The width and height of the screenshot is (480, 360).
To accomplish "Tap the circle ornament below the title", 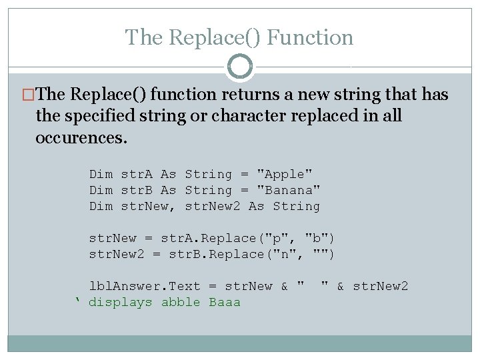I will click(x=240, y=67).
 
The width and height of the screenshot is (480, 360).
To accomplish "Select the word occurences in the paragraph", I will click(x=81, y=138).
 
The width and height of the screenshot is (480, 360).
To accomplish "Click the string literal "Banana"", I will click(x=289, y=191).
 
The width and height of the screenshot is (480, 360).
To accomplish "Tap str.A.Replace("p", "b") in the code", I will click(x=249, y=239).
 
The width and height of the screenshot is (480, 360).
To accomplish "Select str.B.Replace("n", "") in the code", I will click(x=253, y=255).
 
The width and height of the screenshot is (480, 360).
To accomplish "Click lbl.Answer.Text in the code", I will click(x=145, y=287).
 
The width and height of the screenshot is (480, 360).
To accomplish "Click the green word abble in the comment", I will click(x=181, y=303).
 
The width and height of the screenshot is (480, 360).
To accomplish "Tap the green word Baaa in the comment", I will click(x=225, y=303).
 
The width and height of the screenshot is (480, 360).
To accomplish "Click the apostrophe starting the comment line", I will click(x=77, y=301).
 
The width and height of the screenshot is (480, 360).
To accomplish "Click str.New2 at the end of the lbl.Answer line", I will click(x=380, y=287).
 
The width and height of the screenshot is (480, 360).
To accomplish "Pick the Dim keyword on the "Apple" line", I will click(x=101, y=175).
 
